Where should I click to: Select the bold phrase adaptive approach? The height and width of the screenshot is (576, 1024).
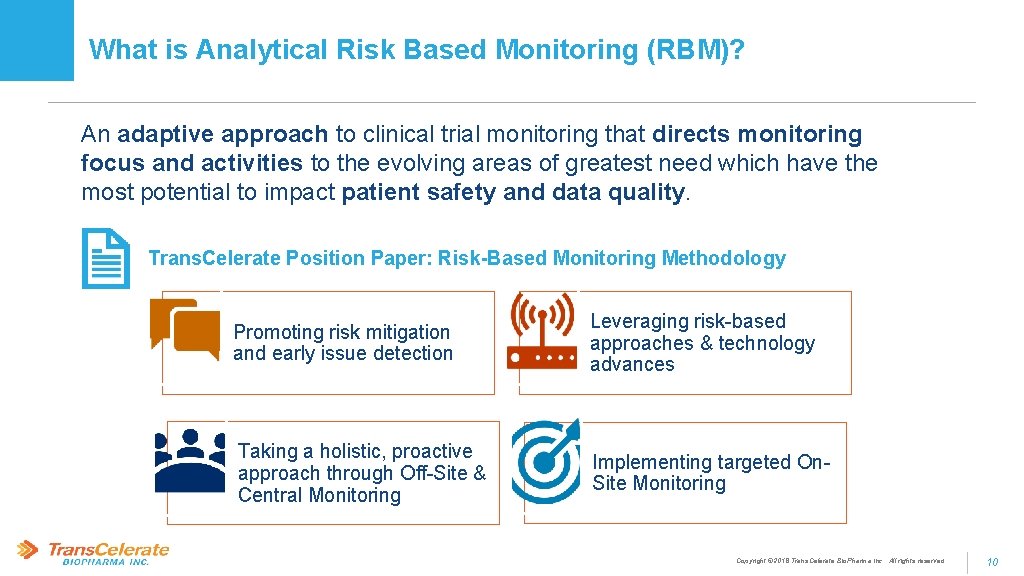click(223, 134)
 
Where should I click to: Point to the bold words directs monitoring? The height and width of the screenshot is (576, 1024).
click(757, 134)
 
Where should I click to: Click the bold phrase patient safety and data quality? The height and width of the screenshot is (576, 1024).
click(514, 192)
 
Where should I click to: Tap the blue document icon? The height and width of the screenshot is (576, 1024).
click(105, 258)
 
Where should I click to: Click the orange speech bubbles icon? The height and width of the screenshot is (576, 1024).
click(185, 329)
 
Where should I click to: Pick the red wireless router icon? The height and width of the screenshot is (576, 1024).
click(542, 331)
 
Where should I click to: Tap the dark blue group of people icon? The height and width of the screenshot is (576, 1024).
click(190, 461)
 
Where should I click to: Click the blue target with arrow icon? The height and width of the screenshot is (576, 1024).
click(546, 462)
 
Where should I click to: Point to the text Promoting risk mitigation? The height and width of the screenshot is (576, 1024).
click(341, 332)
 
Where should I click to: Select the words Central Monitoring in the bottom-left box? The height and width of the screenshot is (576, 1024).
click(319, 495)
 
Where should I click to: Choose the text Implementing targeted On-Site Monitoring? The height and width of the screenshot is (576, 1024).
click(710, 472)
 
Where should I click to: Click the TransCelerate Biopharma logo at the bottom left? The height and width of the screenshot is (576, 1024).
click(93, 553)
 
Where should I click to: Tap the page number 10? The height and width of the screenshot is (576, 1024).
click(992, 562)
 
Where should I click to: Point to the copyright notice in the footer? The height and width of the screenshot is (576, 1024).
click(839, 561)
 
